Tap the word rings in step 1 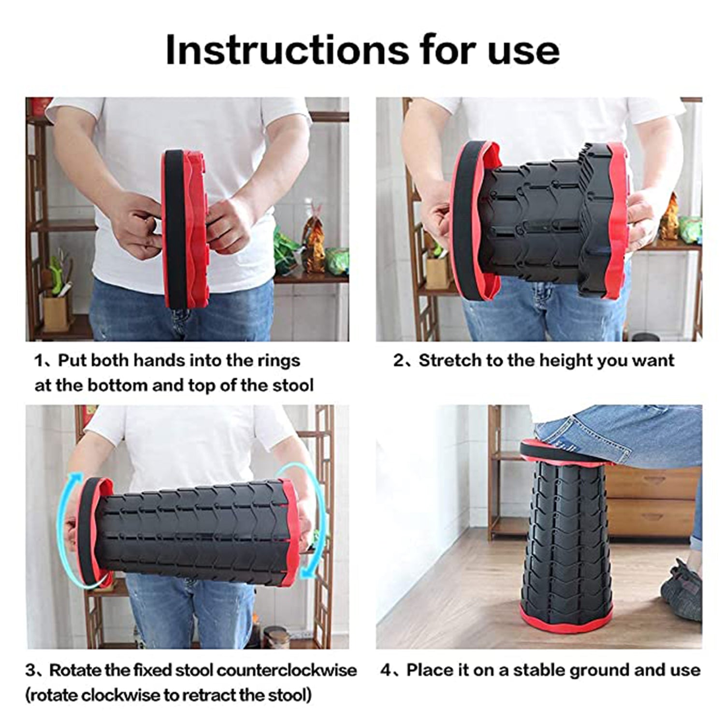277,361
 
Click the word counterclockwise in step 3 287,670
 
